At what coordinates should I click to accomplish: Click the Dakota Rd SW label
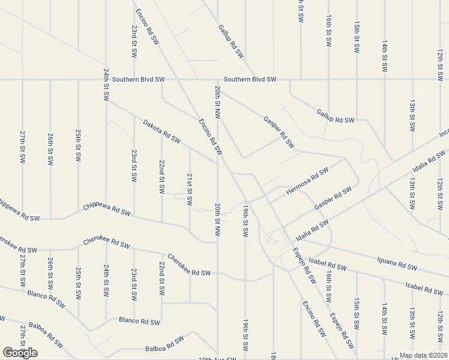click(x=161, y=132)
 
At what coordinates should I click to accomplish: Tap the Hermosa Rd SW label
click(x=308, y=180)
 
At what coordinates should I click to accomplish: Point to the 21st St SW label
click(x=190, y=190)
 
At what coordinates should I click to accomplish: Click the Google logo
click(x=20, y=353)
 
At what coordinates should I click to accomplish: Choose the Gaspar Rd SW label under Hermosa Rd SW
click(x=333, y=199)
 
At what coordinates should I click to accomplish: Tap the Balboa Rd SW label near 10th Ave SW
click(x=164, y=345)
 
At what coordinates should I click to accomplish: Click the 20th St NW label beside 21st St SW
click(x=217, y=219)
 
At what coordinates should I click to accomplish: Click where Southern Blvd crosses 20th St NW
click(x=217, y=79)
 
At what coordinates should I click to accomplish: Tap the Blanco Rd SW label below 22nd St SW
click(x=139, y=322)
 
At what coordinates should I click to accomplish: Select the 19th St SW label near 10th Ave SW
click(x=245, y=337)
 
